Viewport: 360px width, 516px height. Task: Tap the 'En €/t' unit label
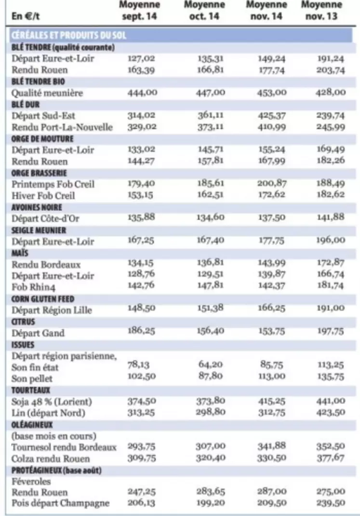tap(26, 16)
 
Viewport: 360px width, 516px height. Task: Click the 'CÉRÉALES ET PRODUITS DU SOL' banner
tap(69, 35)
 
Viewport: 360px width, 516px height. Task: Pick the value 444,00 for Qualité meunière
tap(142, 93)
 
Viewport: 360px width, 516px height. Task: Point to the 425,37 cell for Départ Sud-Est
tap(271, 116)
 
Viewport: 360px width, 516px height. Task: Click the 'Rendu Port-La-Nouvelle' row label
tap(62, 127)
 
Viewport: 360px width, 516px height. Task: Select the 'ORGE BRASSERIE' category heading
tap(39, 173)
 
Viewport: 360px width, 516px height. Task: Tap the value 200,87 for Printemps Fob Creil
tap(272, 183)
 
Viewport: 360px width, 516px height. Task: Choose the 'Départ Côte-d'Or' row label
tap(45, 218)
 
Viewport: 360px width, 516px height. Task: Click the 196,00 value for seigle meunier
tap(331, 240)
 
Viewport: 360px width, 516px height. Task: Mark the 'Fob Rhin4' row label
tap(34, 287)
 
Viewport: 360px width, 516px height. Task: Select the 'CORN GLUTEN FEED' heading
tap(43, 299)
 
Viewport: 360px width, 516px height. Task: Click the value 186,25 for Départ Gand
tap(141, 330)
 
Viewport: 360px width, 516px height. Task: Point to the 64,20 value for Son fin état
tap(211, 364)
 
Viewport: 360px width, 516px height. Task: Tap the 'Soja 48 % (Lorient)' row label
tap(52, 402)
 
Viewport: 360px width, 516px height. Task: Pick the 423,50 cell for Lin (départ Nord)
tap(331, 412)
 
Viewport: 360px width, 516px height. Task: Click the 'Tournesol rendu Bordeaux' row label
tap(64, 448)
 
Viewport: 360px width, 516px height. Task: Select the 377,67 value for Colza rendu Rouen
tap(331, 458)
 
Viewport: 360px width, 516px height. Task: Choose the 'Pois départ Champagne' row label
tap(61, 503)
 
